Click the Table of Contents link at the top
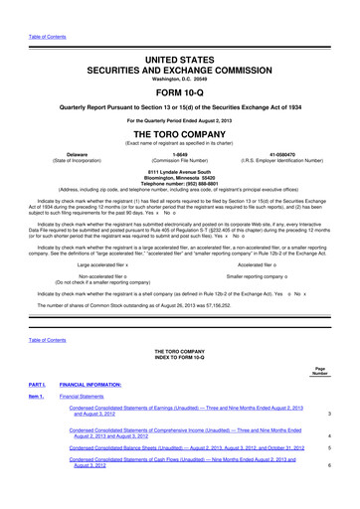coord(45,9)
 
